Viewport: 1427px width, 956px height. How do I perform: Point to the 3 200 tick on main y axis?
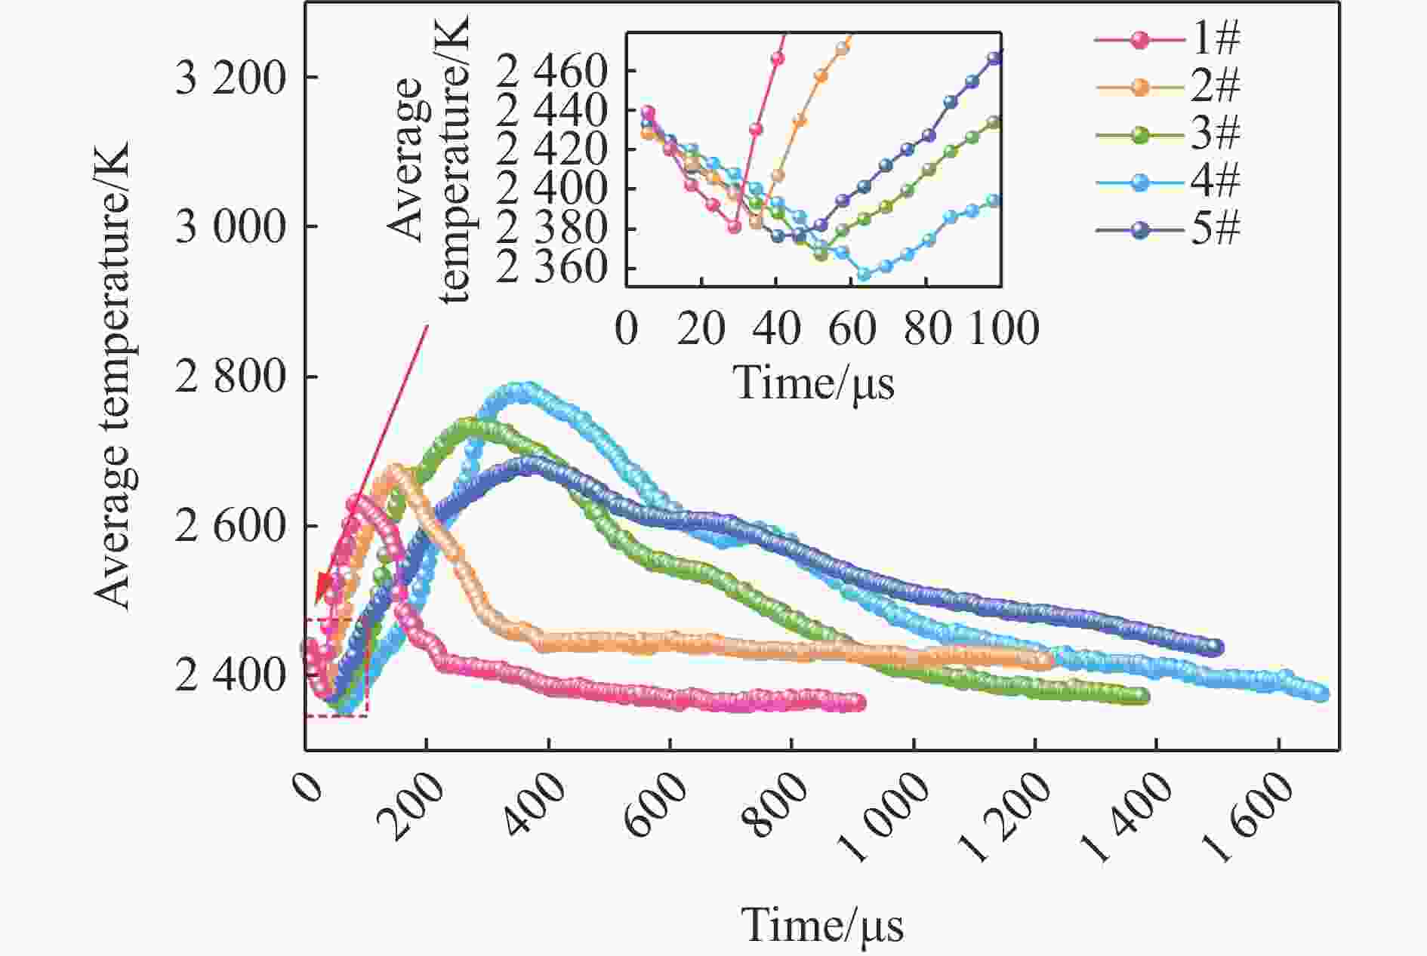(230, 78)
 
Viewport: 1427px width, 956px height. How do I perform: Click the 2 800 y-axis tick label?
(230, 377)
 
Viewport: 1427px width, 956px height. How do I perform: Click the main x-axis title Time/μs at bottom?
(823, 925)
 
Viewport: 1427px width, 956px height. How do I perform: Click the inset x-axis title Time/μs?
(814, 382)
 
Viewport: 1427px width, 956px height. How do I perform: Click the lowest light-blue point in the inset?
(864, 275)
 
